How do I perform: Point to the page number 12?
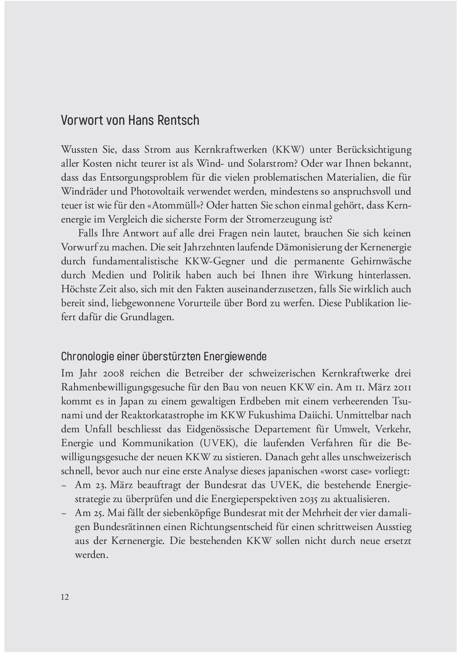point(65,597)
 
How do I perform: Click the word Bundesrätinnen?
point(112,527)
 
